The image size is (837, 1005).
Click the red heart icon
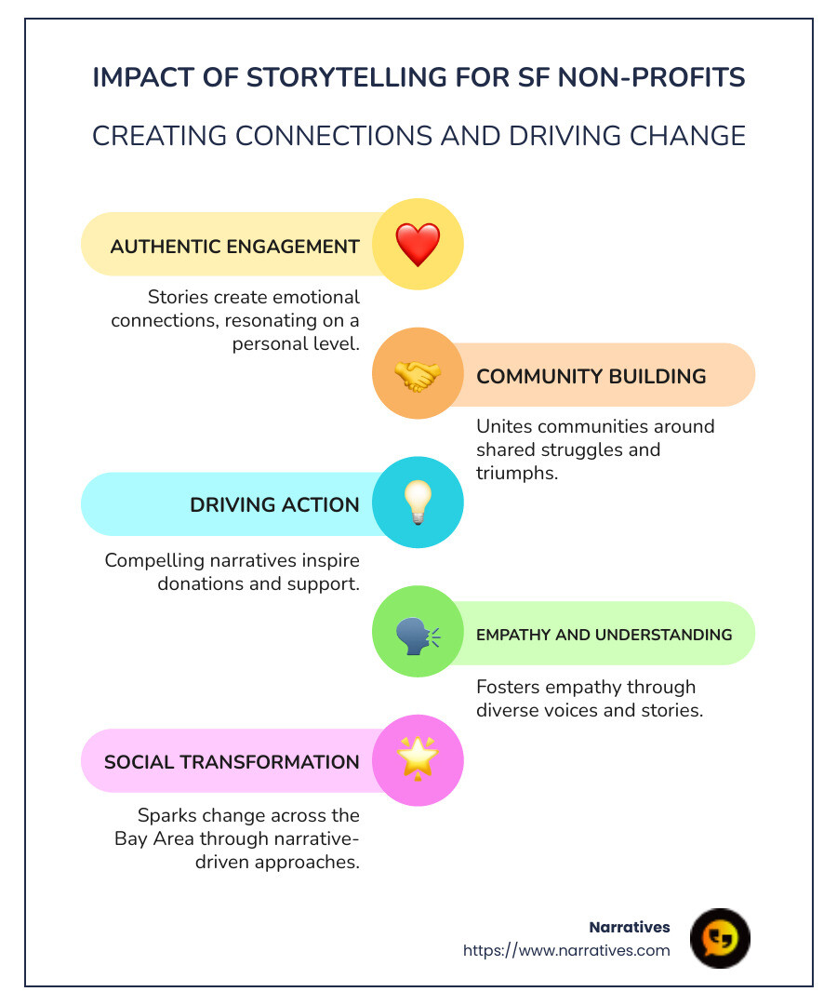coord(418,245)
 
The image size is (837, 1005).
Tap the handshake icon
coord(418,375)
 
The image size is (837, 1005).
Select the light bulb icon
coord(418,503)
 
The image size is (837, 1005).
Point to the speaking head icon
coord(418,633)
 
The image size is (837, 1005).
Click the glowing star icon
coord(418,760)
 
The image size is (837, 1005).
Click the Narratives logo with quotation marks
coord(720,938)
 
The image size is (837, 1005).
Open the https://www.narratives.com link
coord(566,950)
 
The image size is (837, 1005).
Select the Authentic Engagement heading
coord(234,247)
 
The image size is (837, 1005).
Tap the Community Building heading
coord(591,376)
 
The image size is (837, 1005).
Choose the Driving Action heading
coord(274,505)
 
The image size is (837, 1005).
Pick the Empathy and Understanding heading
coord(604,635)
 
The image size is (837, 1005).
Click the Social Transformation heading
coord(232,762)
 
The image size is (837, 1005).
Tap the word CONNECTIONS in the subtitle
coord(333,136)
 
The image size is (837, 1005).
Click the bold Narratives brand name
coord(630,927)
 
